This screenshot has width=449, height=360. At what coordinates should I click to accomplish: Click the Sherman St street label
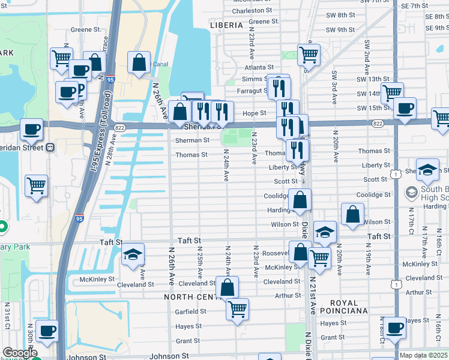point(192,140)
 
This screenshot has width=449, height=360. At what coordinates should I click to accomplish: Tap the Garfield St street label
point(191,312)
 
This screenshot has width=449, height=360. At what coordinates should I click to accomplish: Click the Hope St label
point(254,113)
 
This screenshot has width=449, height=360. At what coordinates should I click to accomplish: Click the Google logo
point(19,353)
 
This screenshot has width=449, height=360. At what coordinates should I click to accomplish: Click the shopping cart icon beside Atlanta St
point(309,55)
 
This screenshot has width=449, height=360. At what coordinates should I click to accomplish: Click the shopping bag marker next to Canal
point(139,62)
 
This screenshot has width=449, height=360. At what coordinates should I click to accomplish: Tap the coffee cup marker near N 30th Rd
point(46,331)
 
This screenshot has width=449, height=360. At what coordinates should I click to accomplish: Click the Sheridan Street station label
point(24,147)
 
